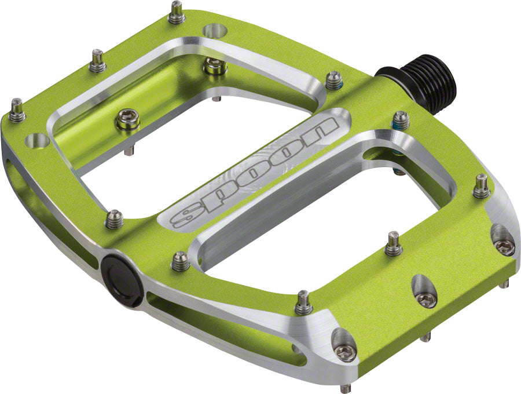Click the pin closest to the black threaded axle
tap(334, 80)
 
